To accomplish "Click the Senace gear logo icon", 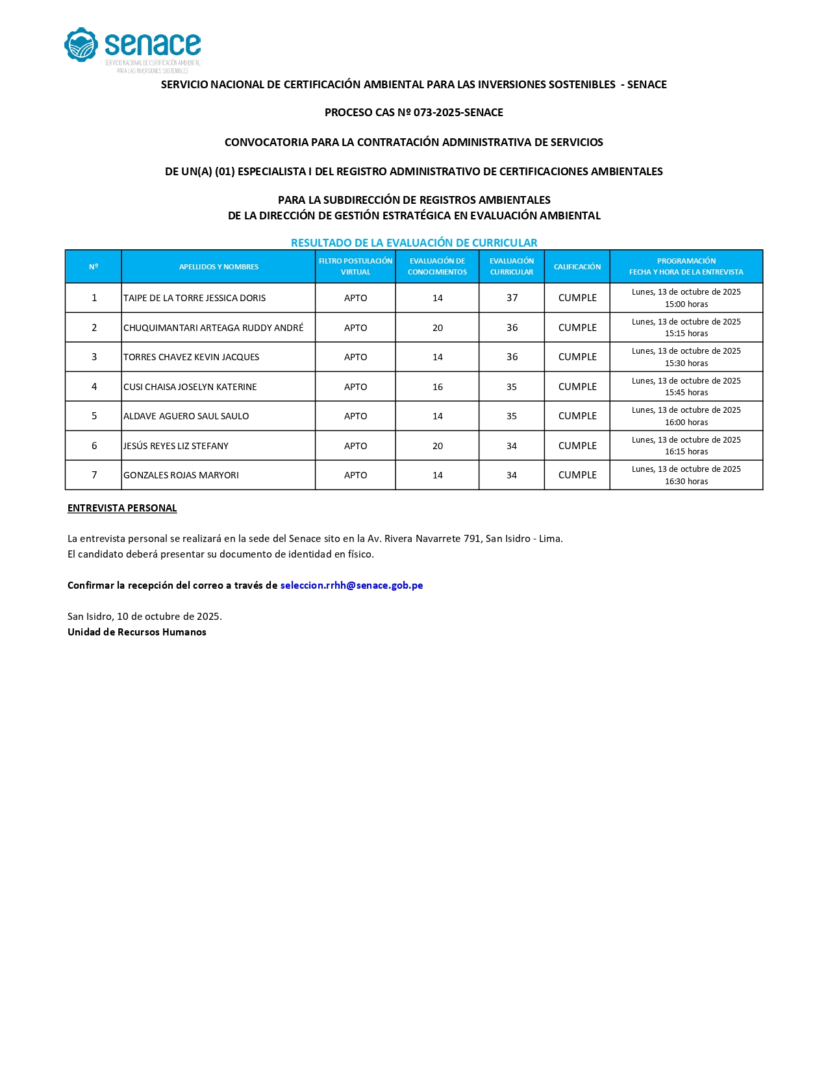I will (x=81, y=45).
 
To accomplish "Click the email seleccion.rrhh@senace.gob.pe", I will (x=351, y=585).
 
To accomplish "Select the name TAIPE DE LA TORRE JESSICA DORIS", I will (x=194, y=298).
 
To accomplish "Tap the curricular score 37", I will (x=512, y=298).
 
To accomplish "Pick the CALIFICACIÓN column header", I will (x=577, y=267).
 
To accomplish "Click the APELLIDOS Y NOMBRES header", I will (x=218, y=267).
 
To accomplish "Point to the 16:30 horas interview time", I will (x=686, y=482).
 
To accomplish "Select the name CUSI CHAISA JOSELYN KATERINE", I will (x=190, y=387).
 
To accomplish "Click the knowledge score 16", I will (x=437, y=387).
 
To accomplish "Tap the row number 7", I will (x=94, y=475).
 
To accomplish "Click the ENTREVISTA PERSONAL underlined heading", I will (x=122, y=508).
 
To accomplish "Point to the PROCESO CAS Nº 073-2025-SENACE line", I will (x=414, y=112).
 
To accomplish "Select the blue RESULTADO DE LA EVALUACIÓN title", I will (x=414, y=243).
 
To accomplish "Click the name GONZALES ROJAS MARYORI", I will (x=181, y=475).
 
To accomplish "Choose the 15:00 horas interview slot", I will (x=686, y=304).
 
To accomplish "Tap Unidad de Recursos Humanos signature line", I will (x=137, y=632).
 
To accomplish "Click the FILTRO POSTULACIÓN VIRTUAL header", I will (x=355, y=267).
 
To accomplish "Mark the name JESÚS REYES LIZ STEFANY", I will (x=176, y=446).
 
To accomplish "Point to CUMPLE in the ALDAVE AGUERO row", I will (x=577, y=416).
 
